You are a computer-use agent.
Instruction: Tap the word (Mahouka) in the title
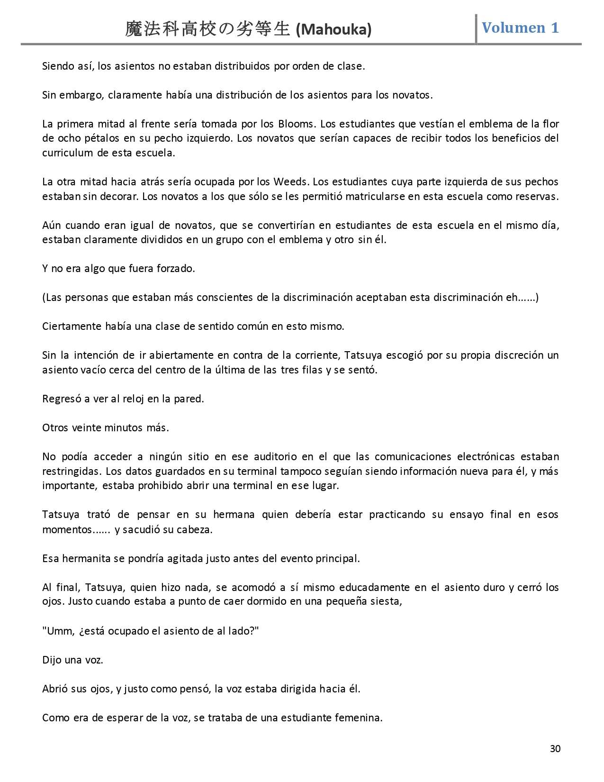(x=334, y=30)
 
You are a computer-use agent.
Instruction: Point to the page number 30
(x=555, y=748)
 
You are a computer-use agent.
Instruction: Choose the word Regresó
(x=62, y=399)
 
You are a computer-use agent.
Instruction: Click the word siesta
(x=386, y=602)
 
